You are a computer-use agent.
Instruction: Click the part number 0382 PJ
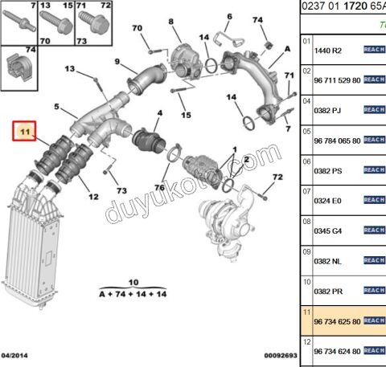click(x=326, y=109)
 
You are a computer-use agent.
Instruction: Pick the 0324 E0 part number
click(x=326, y=200)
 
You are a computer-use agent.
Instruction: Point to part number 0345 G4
click(x=326, y=230)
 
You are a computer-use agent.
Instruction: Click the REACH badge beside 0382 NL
click(x=375, y=260)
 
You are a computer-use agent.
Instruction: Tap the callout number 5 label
click(x=56, y=107)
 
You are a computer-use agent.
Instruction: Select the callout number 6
click(x=228, y=16)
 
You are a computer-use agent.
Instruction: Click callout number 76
click(x=159, y=189)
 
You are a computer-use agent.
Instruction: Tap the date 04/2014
click(x=15, y=354)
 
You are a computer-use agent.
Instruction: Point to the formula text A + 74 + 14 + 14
click(x=133, y=295)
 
